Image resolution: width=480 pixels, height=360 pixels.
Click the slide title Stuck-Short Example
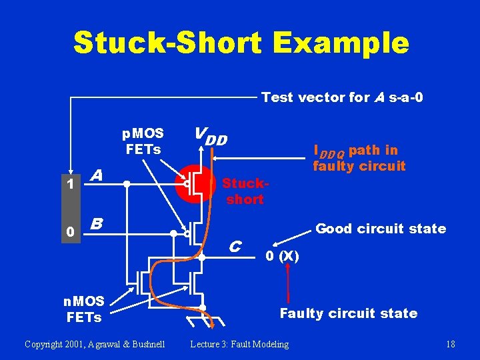(241, 43)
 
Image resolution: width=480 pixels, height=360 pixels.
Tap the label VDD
(211, 137)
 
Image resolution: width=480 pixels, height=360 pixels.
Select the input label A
(97, 175)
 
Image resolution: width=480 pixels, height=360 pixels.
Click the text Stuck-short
(245, 191)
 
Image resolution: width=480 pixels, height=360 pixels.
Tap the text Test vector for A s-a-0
(342, 97)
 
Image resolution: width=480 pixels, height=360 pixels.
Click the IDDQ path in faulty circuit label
(359, 158)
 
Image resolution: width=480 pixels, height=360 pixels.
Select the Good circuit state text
(381, 229)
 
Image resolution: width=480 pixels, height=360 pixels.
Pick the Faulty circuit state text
(348, 313)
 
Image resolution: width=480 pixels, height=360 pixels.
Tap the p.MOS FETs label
(143, 141)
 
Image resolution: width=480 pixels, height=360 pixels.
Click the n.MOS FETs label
(84, 309)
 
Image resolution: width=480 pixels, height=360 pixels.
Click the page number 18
(450, 344)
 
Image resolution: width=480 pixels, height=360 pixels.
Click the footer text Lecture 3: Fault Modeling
(239, 344)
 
